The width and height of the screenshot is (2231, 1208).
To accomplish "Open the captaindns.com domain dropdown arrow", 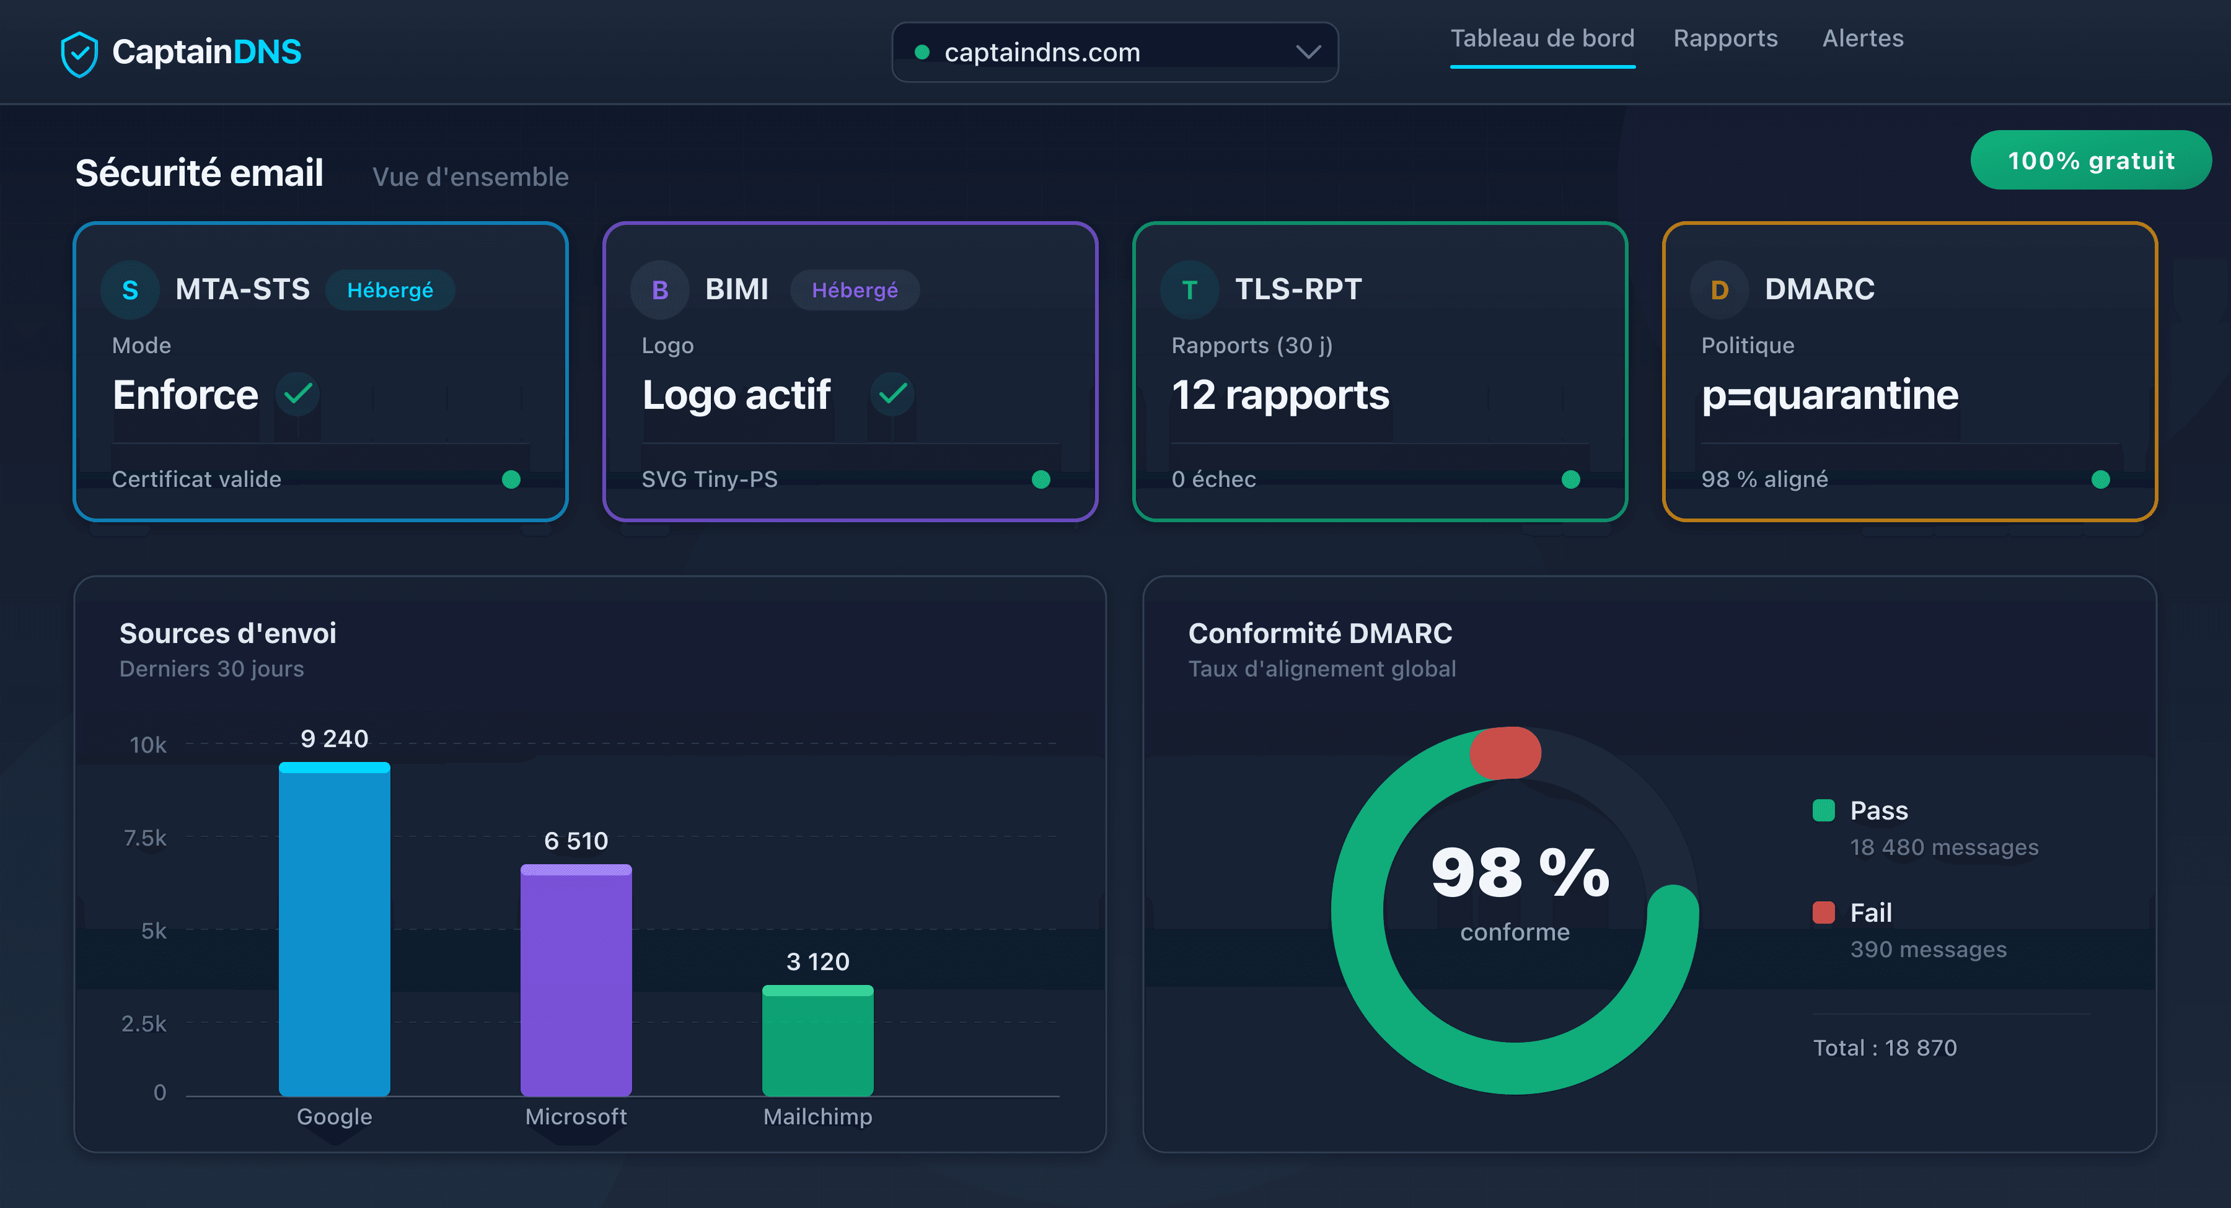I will [1308, 52].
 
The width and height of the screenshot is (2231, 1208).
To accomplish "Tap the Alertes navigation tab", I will [1862, 39].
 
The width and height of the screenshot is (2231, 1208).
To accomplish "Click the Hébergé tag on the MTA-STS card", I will [390, 290].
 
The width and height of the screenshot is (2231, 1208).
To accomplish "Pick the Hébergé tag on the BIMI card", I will [854, 290].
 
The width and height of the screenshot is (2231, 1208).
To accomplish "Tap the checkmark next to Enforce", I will [298, 394].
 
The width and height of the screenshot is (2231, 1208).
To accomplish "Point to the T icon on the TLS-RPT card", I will [1189, 290].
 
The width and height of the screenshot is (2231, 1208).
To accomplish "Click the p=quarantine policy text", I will [1829, 395].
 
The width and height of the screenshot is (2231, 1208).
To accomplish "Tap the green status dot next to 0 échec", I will [1570, 479].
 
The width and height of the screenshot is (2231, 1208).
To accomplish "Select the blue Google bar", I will [334, 931].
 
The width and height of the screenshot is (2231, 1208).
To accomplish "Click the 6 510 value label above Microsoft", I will [576, 841].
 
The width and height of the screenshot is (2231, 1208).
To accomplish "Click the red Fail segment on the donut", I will [1505, 753].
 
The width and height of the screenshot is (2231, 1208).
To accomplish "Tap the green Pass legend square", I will [1823, 810].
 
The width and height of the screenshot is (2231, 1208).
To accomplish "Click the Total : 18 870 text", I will [1885, 1048].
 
